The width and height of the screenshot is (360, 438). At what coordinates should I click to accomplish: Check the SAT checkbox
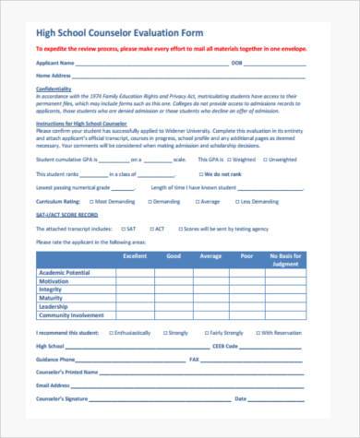[120, 228]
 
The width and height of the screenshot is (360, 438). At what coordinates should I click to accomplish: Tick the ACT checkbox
[153, 228]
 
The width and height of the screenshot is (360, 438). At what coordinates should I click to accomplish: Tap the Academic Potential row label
[65, 274]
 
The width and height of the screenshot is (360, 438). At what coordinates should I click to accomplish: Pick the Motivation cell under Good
[174, 282]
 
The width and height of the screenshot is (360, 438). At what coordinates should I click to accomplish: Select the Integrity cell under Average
[210, 290]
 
